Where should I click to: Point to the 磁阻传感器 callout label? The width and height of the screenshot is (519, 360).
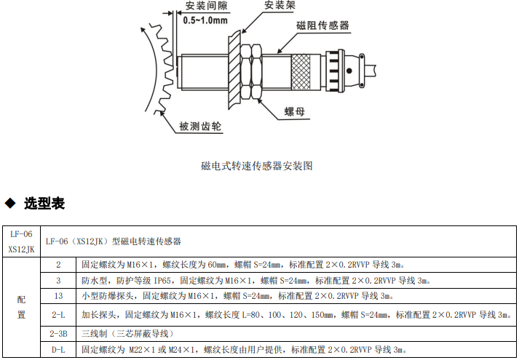[x=322, y=25]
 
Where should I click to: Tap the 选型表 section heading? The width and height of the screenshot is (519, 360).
[x=44, y=204]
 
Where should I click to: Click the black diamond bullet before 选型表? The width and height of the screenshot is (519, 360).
[x=10, y=203]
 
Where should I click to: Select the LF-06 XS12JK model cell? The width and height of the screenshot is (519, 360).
[x=21, y=241]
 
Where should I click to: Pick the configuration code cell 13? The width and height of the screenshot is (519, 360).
[x=58, y=295]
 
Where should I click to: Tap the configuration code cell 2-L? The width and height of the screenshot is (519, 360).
[x=58, y=316]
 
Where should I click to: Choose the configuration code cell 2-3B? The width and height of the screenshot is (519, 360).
[x=58, y=334]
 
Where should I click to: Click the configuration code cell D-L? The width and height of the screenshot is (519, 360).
[x=58, y=350]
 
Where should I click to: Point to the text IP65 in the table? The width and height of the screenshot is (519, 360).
[x=162, y=280]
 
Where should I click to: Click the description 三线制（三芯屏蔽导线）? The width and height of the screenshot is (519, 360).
[x=124, y=334]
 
